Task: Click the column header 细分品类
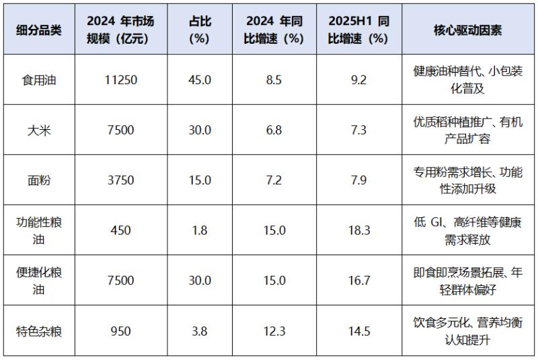click(x=39, y=30)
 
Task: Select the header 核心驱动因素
click(x=467, y=30)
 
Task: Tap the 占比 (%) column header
click(x=200, y=30)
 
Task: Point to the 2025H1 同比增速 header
click(x=358, y=30)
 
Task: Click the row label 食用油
click(x=39, y=80)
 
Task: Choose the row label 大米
click(x=39, y=130)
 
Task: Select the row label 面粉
click(x=39, y=180)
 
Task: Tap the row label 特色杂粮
click(x=39, y=331)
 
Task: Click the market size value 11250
click(x=121, y=80)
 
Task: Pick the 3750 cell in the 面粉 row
click(x=121, y=180)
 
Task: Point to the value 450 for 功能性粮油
click(x=121, y=230)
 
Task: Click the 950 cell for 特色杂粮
click(x=121, y=331)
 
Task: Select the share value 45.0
click(x=200, y=80)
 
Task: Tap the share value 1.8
click(x=200, y=230)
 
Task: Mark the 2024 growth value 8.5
click(x=274, y=80)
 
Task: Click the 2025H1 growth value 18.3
click(x=359, y=230)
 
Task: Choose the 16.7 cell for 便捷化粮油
click(x=359, y=281)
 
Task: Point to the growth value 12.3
click(x=274, y=331)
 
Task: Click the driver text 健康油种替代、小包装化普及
click(x=467, y=80)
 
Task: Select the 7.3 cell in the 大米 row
click(x=358, y=130)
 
